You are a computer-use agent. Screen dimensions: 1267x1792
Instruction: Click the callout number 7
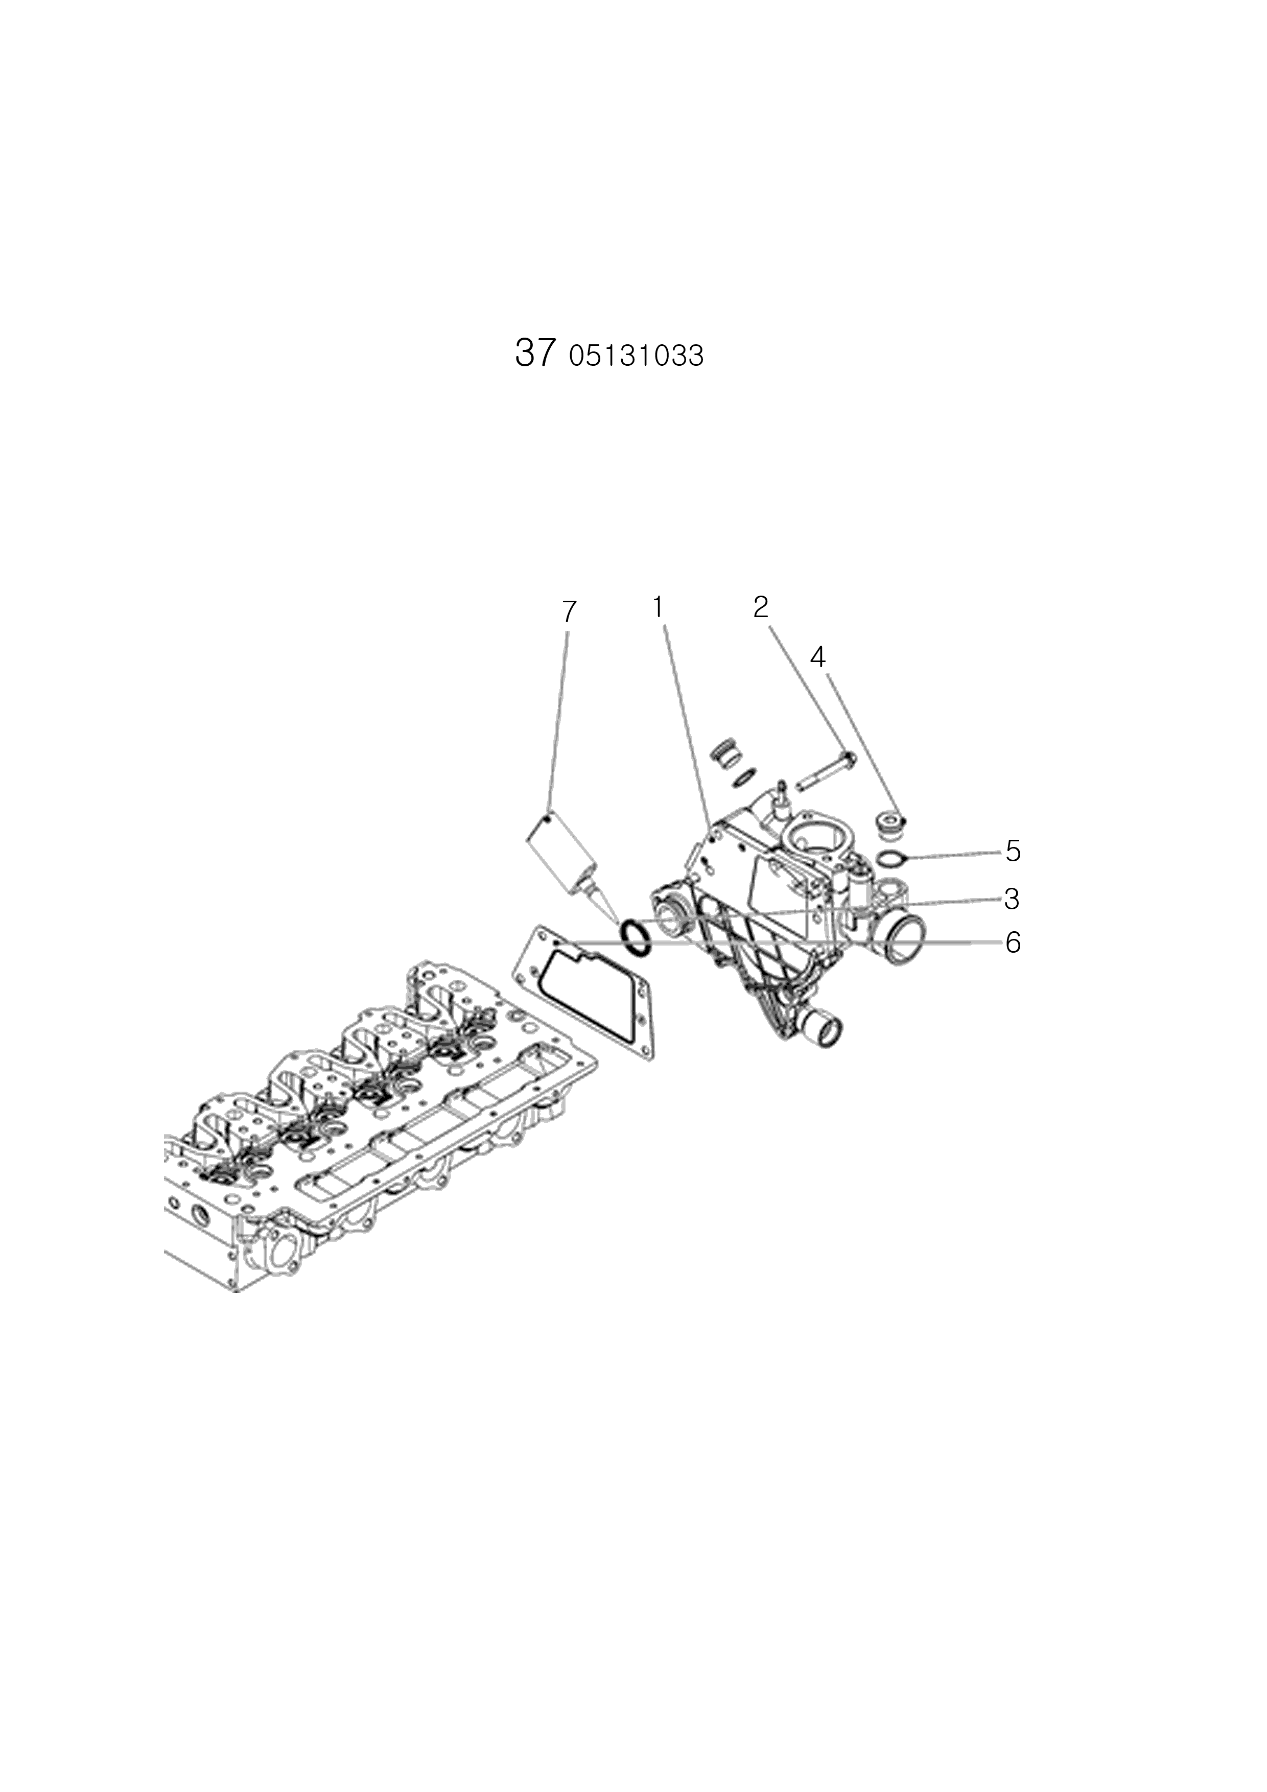coord(569,612)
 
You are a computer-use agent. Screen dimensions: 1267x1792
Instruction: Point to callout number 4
coord(817,657)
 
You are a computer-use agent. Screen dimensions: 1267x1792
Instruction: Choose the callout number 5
coord(1013,851)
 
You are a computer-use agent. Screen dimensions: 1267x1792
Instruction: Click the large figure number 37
coord(535,353)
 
